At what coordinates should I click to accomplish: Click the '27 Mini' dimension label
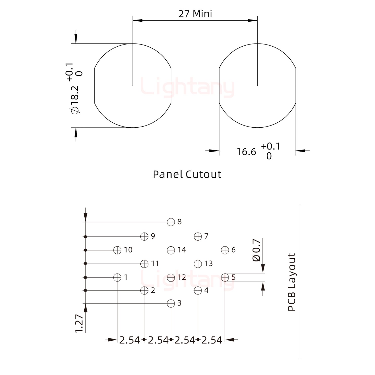tap(195, 14)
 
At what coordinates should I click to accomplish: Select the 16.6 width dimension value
tap(246, 152)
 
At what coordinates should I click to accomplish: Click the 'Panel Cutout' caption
tap(187, 174)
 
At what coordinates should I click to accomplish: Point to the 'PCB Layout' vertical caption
tap(292, 282)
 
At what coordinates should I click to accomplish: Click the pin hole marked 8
tap(171, 222)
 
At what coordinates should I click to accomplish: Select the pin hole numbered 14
tap(171, 250)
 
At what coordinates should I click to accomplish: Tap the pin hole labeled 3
tap(171, 303)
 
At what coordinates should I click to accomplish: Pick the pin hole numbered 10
tap(117, 250)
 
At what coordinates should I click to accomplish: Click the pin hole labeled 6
tap(225, 250)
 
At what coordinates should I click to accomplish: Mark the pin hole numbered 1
tap(117, 277)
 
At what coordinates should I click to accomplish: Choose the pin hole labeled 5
tap(225, 277)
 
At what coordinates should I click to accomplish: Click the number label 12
tap(182, 277)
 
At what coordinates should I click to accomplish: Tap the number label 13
tap(209, 264)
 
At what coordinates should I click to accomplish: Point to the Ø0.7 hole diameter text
tap(257, 250)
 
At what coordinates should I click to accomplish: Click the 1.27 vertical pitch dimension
tap(79, 323)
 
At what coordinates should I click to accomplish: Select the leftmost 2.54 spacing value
tap(129, 340)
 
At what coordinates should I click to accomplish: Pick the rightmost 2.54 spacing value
tap(211, 340)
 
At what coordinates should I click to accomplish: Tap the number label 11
tap(155, 264)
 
